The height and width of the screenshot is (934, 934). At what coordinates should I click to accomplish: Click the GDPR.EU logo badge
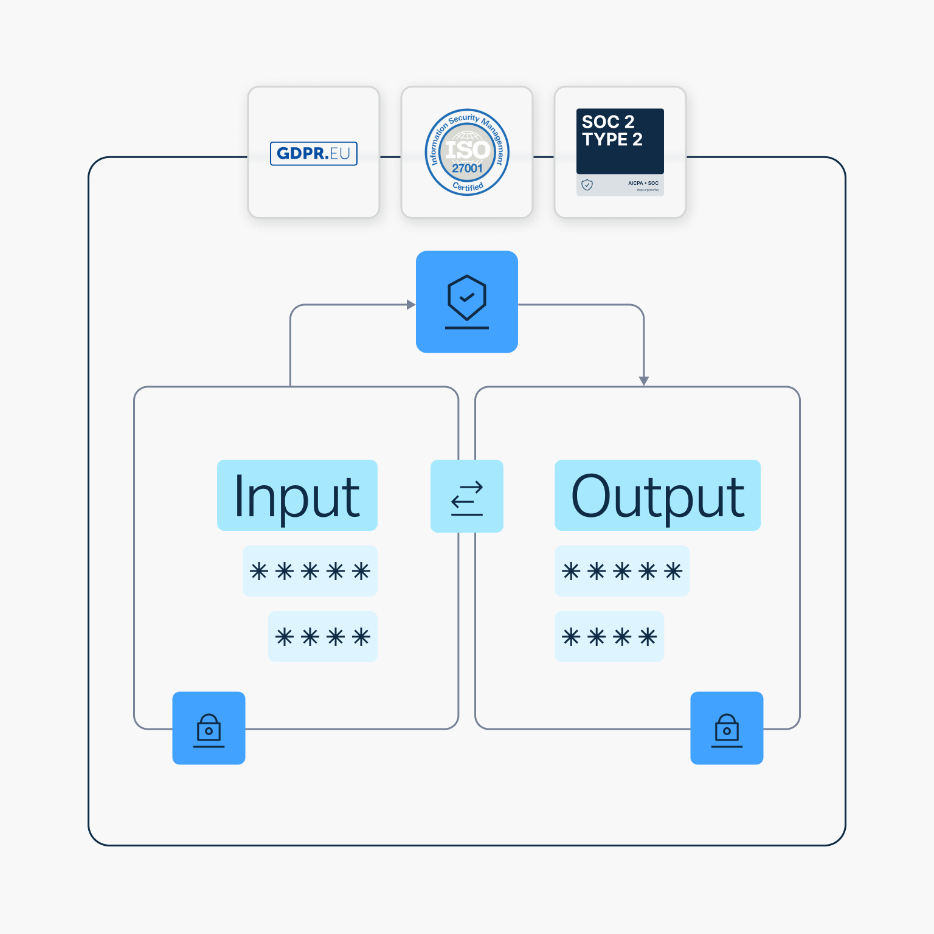click(x=313, y=153)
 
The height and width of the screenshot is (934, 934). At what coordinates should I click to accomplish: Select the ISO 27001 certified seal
click(x=467, y=152)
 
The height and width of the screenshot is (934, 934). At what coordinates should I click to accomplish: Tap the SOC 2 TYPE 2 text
click(x=612, y=131)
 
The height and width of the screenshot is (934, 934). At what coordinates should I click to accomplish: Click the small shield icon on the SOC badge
click(x=587, y=185)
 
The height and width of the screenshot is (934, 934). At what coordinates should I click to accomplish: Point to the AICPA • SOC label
click(x=643, y=183)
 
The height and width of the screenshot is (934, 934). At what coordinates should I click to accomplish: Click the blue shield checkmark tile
click(x=467, y=302)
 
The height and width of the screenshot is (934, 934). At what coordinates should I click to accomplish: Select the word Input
click(x=297, y=496)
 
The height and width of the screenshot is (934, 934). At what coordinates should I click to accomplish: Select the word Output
click(x=657, y=496)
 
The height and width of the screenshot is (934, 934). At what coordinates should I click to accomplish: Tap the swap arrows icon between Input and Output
click(x=467, y=497)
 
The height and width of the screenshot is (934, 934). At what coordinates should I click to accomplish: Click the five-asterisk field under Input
click(x=310, y=571)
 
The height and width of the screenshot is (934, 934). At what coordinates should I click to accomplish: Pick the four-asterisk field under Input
click(x=323, y=637)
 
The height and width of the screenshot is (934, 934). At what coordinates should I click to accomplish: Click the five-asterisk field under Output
click(x=622, y=571)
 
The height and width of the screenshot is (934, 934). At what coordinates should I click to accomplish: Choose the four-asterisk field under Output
click(x=609, y=637)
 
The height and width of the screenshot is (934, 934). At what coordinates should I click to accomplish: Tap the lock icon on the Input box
click(x=209, y=728)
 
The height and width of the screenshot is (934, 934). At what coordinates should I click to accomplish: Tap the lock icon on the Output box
click(x=727, y=728)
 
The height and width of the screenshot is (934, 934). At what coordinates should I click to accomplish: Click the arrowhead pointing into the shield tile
click(x=411, y=305)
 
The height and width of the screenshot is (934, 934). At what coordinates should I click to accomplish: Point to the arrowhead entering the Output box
click(x=644, y=381)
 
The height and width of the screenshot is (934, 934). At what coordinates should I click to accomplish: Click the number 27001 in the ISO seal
click(x=467, y=168)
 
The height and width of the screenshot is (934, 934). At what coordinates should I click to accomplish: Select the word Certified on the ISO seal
click(x=468, y=187)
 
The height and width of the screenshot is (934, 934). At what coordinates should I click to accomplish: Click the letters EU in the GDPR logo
click(x=341, y=153)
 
